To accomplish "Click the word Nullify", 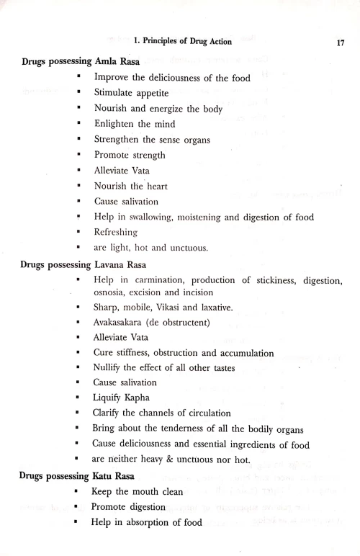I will click(112, 369).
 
